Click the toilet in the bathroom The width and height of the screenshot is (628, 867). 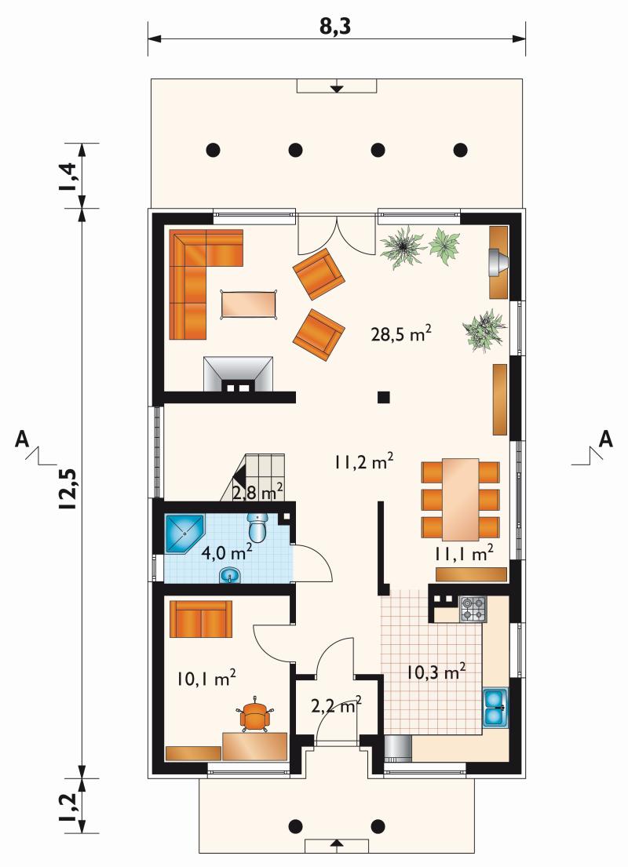point(257,527)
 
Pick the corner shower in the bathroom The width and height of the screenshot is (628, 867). point(184,534)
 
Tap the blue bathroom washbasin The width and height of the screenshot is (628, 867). point(230,575)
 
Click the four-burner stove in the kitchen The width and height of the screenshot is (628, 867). point(473,609)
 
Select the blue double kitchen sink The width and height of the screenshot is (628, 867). point(496,707)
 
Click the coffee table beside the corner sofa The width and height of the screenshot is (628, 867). point(249,304)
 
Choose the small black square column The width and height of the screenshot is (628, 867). point(383,396)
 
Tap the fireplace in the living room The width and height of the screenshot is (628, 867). point(239,374)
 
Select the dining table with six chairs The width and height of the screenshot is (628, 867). point(460,499)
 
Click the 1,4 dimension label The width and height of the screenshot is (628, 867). point(70,176)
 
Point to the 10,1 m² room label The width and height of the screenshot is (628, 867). point(207,678)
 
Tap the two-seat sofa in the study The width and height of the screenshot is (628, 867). point(201,619)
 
